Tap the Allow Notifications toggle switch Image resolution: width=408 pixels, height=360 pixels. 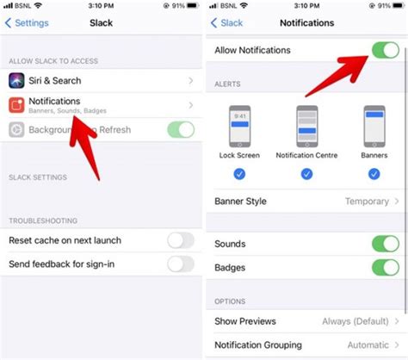point(385,50)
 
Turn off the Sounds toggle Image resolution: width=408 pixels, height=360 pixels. point(385,244)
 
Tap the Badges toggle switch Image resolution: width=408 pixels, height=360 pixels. point(385,268)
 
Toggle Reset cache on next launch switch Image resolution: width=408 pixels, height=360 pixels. point(180,239)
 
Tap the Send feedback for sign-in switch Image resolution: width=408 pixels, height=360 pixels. point(180,264)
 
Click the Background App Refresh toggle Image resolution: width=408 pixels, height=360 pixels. point(180,129)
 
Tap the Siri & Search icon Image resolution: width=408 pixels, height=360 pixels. point(19,81)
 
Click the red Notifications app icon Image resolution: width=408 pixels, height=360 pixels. point(19,105)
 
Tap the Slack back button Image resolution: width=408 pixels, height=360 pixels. point(228,22)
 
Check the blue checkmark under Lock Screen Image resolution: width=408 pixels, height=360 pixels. point(241,173)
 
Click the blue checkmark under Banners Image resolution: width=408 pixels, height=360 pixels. point(374,173)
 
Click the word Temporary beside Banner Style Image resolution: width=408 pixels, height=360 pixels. point(367,202)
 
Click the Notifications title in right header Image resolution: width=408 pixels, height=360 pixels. point(306,22)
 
